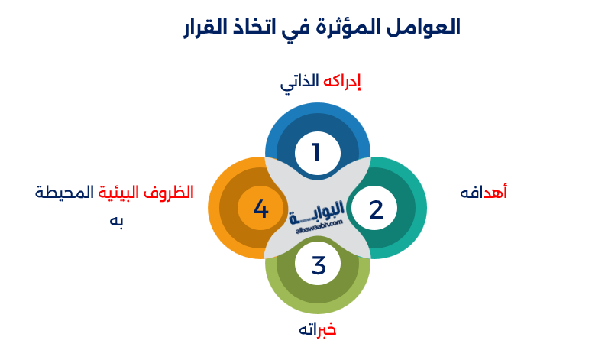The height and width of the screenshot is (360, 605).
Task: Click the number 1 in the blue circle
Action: (x=317, y=152)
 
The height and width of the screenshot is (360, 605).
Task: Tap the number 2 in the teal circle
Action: (x=376, y=209)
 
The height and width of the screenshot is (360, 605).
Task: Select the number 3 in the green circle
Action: (x=319, y=265)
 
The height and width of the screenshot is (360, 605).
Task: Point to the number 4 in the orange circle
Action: (x=260, y=209)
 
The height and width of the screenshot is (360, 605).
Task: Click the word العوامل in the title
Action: (x=423, y=28)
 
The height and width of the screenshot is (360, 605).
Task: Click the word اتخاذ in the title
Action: (x=260, y=28)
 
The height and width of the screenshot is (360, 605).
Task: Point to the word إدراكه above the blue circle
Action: (x=341, y=82)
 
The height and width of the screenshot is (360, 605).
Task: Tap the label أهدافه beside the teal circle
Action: (x=484, y=192)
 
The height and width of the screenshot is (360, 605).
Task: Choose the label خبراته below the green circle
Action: (x=317, y=329)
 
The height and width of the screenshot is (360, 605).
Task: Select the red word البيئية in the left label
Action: (x=120, y=192)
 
